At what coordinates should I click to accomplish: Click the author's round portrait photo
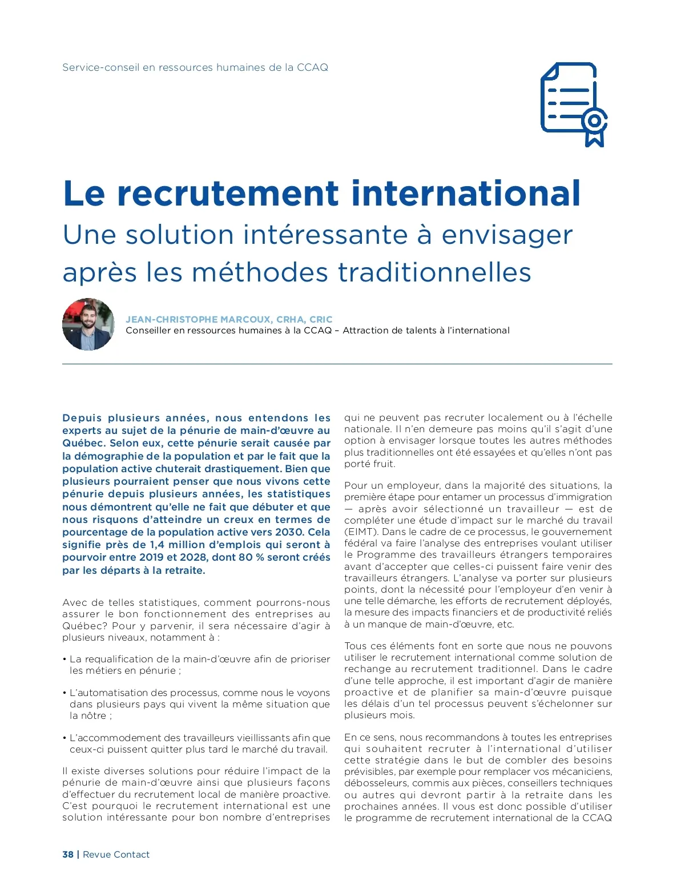coord(88,324)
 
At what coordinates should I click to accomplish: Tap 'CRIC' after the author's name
coord(321,319)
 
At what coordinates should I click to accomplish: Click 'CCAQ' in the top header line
coord(313,67)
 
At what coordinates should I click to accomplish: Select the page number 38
coord(68,854)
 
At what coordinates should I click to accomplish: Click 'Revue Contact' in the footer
coord(116,854)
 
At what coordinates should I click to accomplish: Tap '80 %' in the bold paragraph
coord(237,557)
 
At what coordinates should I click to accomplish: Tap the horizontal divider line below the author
coord(337,364)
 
